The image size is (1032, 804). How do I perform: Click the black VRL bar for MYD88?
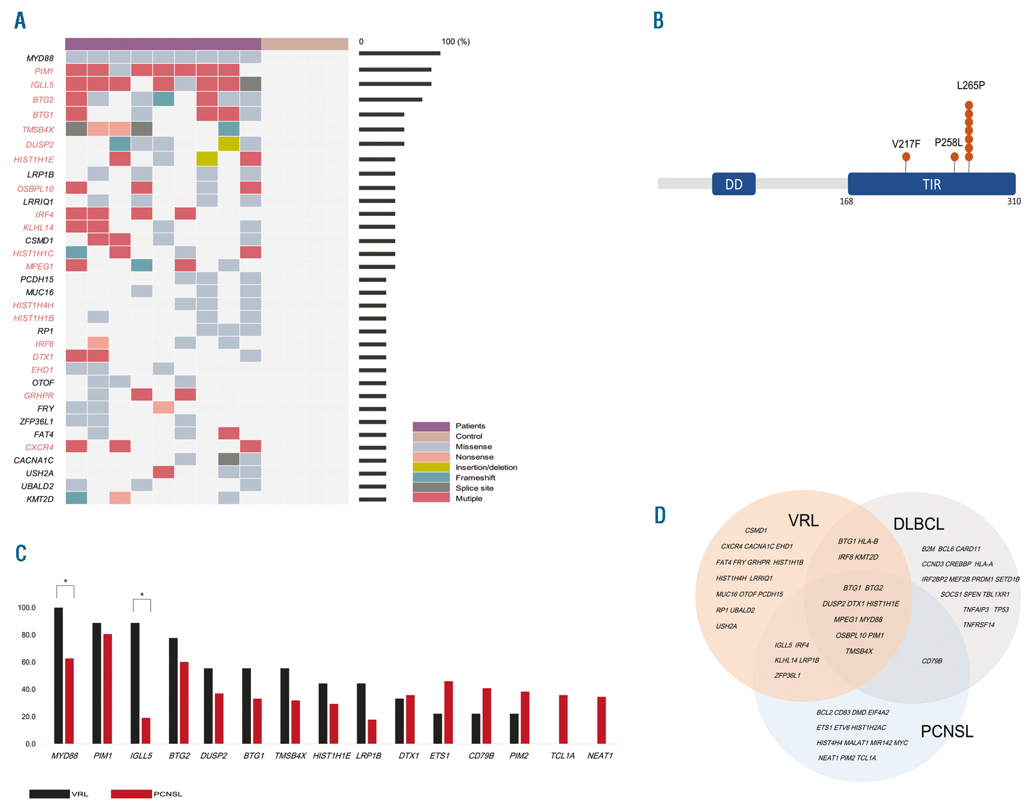tap(58, 675)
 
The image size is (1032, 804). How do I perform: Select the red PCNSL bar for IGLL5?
tap(146, 730)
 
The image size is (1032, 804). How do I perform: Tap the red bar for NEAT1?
tap(601, 720)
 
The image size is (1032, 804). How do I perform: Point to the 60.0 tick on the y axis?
tap(27, 662)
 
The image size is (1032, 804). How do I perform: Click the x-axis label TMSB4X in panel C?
tap(290, 755)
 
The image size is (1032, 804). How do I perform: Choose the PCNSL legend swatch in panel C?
tap(131, 794)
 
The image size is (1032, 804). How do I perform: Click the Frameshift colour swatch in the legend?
tap(431, 477)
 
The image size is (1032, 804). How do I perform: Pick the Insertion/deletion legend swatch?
tap(431, 467)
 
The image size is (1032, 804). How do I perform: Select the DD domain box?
tap(734, 184)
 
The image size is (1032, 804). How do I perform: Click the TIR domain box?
tap(931, 184)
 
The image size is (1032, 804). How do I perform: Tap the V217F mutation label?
tap(906, 144)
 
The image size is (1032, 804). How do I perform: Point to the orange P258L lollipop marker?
tap(954, 157)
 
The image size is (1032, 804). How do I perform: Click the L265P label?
tap(971, 85)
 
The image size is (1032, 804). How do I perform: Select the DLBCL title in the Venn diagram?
tap(918, 524)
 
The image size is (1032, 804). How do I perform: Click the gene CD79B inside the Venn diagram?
tap(932, 661)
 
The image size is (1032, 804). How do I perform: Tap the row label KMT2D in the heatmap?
tap(40, 499)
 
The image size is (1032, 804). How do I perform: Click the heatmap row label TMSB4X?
tap(38, 130)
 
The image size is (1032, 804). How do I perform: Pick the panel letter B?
tap(658, 21)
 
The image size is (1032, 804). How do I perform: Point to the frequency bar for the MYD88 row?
tap(399, 53)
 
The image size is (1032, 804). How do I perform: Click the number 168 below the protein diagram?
tap(846, 201)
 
